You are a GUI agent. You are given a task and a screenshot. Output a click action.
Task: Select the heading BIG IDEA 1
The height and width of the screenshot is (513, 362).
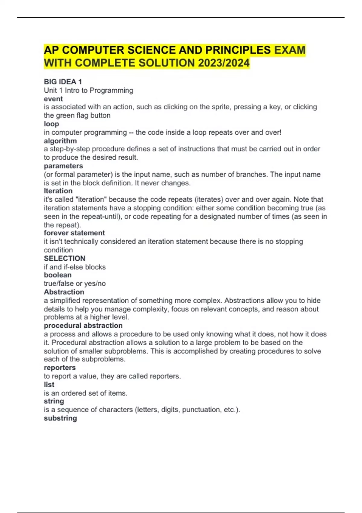pos(63,82)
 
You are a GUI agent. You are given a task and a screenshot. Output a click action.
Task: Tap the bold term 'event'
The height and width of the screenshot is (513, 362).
pos(53,99)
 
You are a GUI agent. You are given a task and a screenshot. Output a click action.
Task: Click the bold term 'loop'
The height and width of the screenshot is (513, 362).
pos(51,124)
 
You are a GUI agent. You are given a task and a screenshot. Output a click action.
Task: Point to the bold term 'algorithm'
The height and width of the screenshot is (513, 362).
pos(60,141)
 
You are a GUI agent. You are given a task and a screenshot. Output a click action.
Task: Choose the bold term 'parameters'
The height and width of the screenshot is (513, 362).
pos(63,166)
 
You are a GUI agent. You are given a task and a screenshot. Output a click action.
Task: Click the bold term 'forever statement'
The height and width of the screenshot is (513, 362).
pos(74,233)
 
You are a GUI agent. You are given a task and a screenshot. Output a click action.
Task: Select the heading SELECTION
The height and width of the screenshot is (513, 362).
pos(65,258)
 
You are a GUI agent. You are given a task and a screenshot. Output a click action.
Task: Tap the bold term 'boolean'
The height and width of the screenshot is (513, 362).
pos(58,275)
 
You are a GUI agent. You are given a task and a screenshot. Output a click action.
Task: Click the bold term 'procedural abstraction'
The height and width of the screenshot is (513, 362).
pos(83,326)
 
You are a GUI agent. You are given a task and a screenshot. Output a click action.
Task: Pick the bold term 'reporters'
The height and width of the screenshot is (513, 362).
pos(60,368)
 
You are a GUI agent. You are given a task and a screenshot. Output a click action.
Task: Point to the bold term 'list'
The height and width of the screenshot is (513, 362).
pos(49,385)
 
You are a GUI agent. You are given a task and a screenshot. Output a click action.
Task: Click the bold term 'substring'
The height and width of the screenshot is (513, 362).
pos(60,418)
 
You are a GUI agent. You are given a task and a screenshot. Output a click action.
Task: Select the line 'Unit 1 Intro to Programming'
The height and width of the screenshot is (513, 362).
pos(88,91)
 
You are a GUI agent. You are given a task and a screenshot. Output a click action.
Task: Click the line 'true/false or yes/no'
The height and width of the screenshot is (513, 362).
pos(75,284)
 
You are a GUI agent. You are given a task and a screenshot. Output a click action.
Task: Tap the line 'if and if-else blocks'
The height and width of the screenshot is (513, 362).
pos(75,267)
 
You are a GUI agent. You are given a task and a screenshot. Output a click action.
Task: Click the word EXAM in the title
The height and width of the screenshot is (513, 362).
pos(290,50)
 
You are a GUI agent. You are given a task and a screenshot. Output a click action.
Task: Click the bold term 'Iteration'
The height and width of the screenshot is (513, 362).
pos(58,191)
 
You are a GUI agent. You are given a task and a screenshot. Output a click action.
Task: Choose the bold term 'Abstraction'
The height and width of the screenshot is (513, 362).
pos(64,292)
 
